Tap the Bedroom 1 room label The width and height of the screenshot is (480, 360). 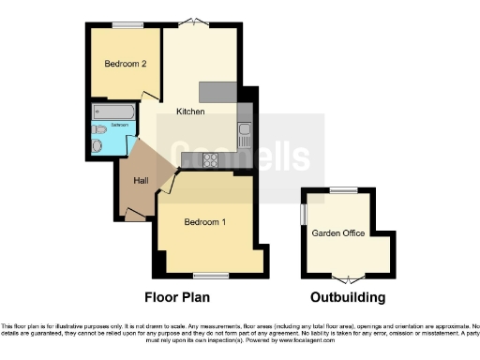(204, 222)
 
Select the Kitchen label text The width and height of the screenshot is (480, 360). (190, 112)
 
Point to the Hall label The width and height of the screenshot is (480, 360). (141, 179)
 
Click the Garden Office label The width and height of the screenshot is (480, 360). (339, 233)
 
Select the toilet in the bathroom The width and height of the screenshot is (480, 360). (99, 144)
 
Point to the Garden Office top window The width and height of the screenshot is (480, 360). (343, 190)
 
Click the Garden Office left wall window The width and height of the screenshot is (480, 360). (303, 214)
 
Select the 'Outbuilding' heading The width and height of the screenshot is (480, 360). (349, 298)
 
